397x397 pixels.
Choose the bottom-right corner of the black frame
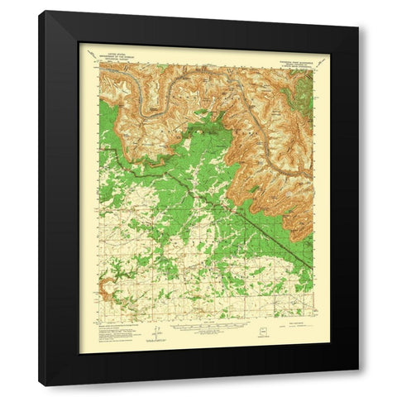click(x=359, y=386)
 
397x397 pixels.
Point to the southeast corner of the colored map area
click(x=315, y=319)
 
